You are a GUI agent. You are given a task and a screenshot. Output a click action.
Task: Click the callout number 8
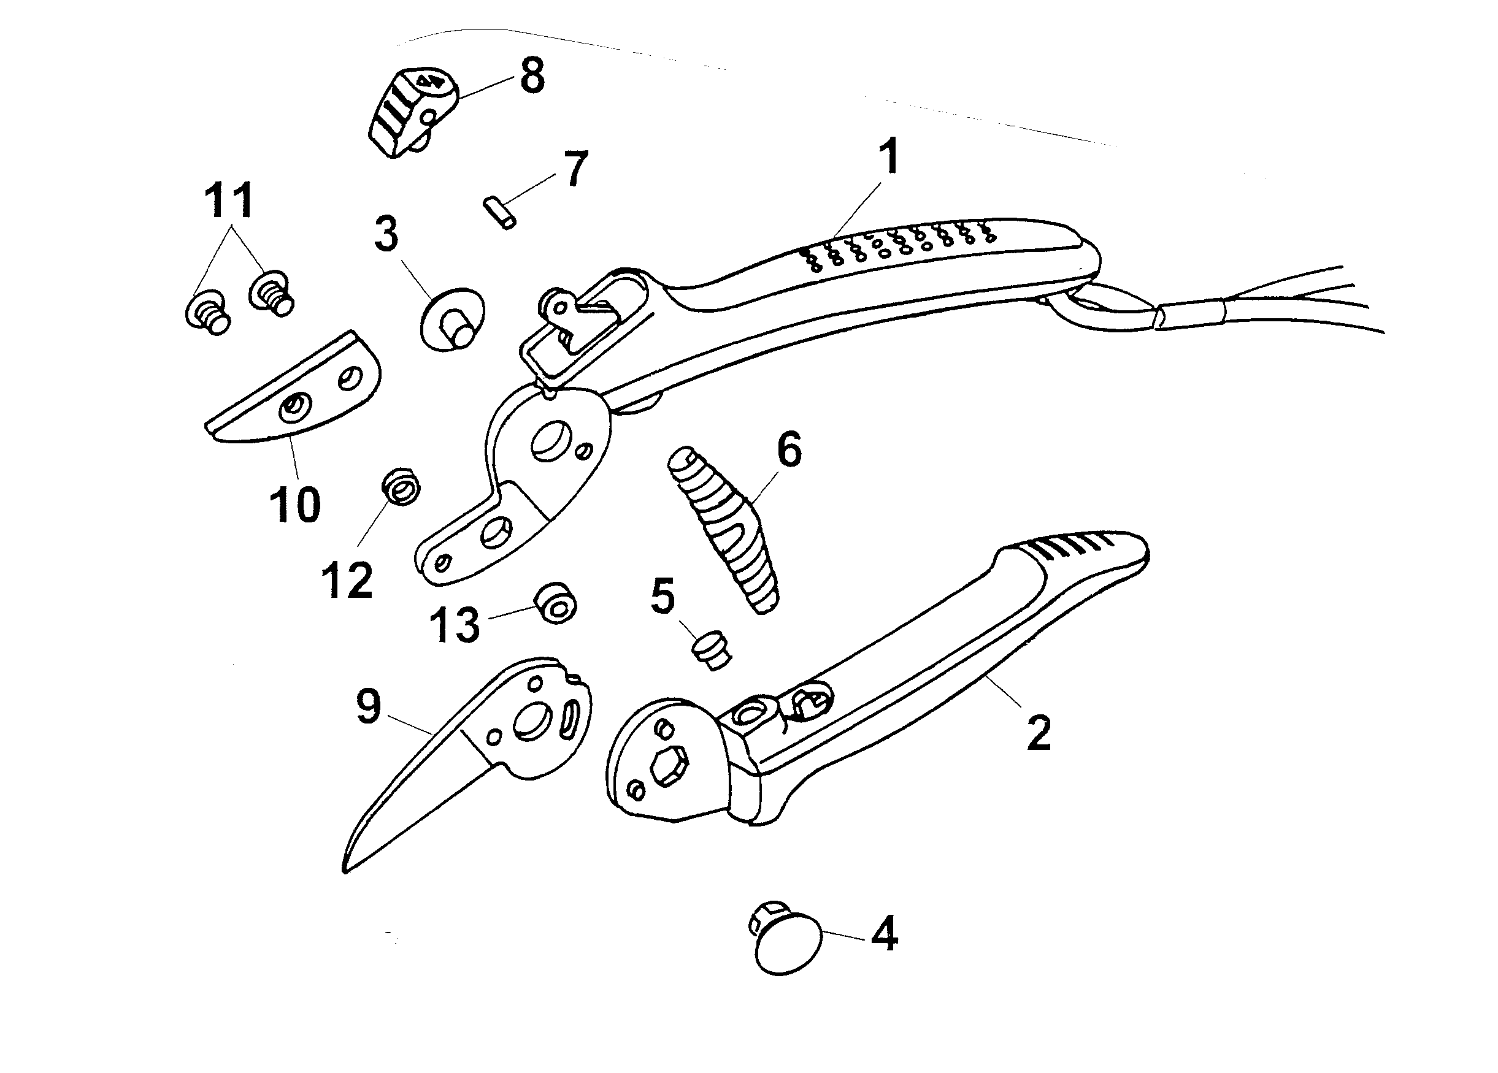pyautogui.click(x=532, y=75)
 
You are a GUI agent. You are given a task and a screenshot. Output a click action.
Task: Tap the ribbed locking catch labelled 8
pyautogui.click(x=411, y=112)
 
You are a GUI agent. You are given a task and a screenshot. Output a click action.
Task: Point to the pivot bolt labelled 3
pyautogui.click(x=451, y=319)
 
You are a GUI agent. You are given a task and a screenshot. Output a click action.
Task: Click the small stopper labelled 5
pyautogui.click(x=712, y=651)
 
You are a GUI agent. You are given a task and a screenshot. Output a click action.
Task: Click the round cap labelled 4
pyautogui.click(x=787, y=941)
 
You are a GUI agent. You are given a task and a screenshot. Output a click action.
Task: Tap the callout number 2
pyautogui.click(x=1039, y=732)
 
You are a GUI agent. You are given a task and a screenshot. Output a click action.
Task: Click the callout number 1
pyautogui.click(x=890, y=156)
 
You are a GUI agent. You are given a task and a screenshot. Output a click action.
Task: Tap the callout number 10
pyautogui.click(x=294, y=505)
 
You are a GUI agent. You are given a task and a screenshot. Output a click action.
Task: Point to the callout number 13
pyautogui.click(x=455, y=625)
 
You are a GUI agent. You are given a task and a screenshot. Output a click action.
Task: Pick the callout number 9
pyautogui.click(x=369, y=706)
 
